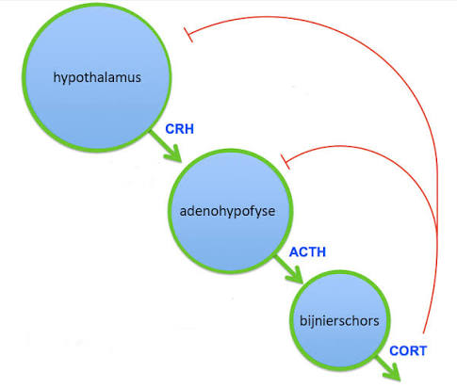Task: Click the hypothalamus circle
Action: (97, 78)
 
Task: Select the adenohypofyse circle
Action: (231, 211)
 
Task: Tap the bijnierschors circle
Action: (340, 321)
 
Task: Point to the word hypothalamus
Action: (97, 77)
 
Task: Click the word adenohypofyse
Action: (227, 211)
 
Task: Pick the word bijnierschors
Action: (339, 320)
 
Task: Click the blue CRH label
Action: (179, 129)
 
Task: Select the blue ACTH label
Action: (307, 252)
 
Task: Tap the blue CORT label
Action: (408, 351)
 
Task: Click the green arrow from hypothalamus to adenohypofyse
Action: (166, 147)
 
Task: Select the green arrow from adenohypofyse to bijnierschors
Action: (289, 269)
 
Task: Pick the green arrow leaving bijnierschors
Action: (388, 368)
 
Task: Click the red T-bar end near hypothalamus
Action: (188, 35)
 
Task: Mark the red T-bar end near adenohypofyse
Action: (285, 162)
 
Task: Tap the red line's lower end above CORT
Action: (423, 333)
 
